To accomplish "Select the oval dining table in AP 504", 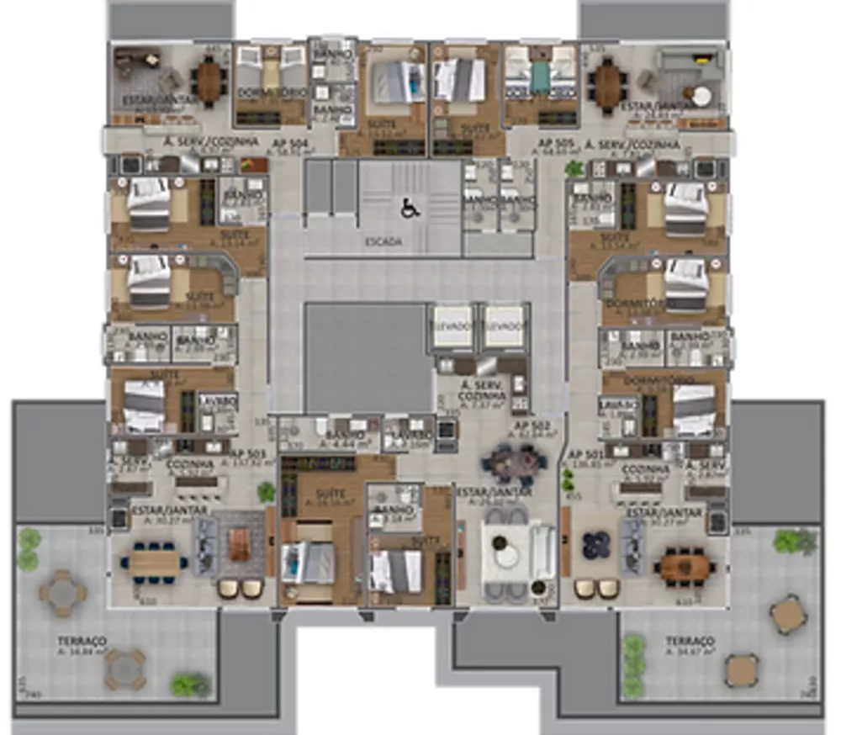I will pos(209,82).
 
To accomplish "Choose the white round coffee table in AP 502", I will pos(508,556).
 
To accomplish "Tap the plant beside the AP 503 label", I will pos(267,492).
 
